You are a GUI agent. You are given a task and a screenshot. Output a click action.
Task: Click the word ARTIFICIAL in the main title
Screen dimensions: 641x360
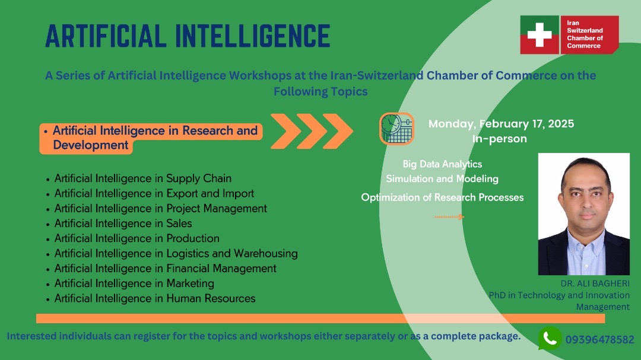pyautogui.click(x=106, y=36)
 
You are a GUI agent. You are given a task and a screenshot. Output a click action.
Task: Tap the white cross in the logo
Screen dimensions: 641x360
pyautogui.click(x=540, y=34)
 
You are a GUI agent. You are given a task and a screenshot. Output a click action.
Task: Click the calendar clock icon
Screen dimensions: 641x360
pyautogui.click(x=396, y=129)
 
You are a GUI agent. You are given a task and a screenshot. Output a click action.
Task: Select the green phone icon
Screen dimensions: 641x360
pyautogui.click(x=550, y=338)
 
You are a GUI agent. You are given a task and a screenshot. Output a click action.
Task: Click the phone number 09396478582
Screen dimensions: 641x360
pyautogui.click(x=599, y=340)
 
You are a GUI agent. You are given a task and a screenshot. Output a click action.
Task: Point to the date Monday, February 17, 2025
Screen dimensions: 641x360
pyautogui.click(x=501, y=124)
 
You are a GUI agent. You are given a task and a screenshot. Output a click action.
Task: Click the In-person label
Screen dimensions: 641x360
pyautogui.click(x=500, y=139)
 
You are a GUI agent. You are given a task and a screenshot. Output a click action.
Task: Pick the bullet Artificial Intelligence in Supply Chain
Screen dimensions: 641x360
pyautogui.click(x=142, y=179)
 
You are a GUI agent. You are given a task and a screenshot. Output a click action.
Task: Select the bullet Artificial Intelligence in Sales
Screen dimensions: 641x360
pyautogui.click(x=123, y=224)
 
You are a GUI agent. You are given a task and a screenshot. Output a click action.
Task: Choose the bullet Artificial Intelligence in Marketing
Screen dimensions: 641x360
pyautogui.click(x=134, y=283)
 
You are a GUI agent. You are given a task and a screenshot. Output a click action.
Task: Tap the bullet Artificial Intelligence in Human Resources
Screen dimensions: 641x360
pyautogui.click(x=155, y=299)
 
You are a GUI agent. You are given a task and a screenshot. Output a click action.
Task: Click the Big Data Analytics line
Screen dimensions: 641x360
pyautogui.click(x=442, y=164)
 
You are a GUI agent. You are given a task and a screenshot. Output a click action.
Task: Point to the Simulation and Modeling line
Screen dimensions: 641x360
pyautogui.click(x=442, y=179)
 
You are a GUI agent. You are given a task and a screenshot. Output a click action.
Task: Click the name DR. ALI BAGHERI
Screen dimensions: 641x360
pyautogui.click(x=595, y=283)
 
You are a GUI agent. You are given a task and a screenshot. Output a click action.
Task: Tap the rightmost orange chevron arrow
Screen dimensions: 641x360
pyautogui.click(x=338, y=131)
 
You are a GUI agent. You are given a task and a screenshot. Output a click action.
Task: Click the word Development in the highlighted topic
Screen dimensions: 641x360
pyautogui.click(x=91, y=145)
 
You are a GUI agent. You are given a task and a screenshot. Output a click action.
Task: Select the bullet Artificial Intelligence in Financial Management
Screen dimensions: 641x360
pyautogui.click(x=165, y=269)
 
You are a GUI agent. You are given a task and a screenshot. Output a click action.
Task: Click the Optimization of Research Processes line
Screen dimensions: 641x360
pyautogui.click(x=442, y=197)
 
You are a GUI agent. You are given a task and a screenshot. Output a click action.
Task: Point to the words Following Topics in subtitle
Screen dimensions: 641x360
pyautogui.click(x=320, y=91)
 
